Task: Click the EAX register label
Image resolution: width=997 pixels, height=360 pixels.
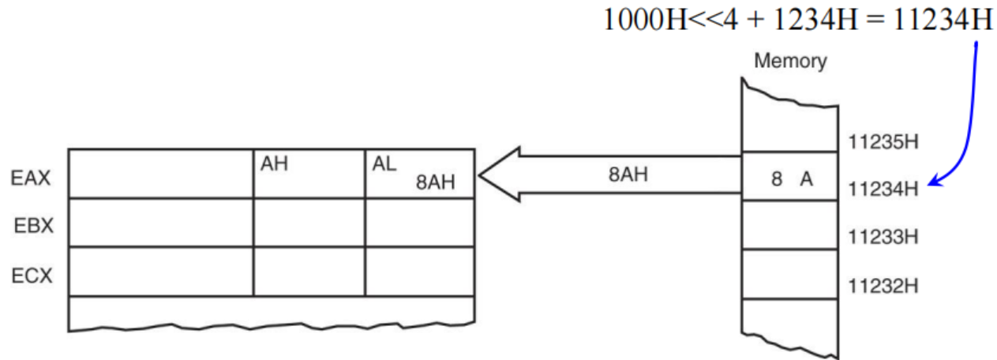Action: (31, 178)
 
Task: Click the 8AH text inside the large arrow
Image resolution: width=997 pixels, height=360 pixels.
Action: (628, 174)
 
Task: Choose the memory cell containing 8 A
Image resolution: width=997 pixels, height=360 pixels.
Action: (790, 178)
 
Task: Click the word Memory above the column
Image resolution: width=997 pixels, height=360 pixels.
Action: (789, 61)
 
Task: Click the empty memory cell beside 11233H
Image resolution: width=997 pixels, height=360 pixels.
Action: (790, 225)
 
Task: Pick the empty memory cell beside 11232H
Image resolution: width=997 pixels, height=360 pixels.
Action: (790, 273)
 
